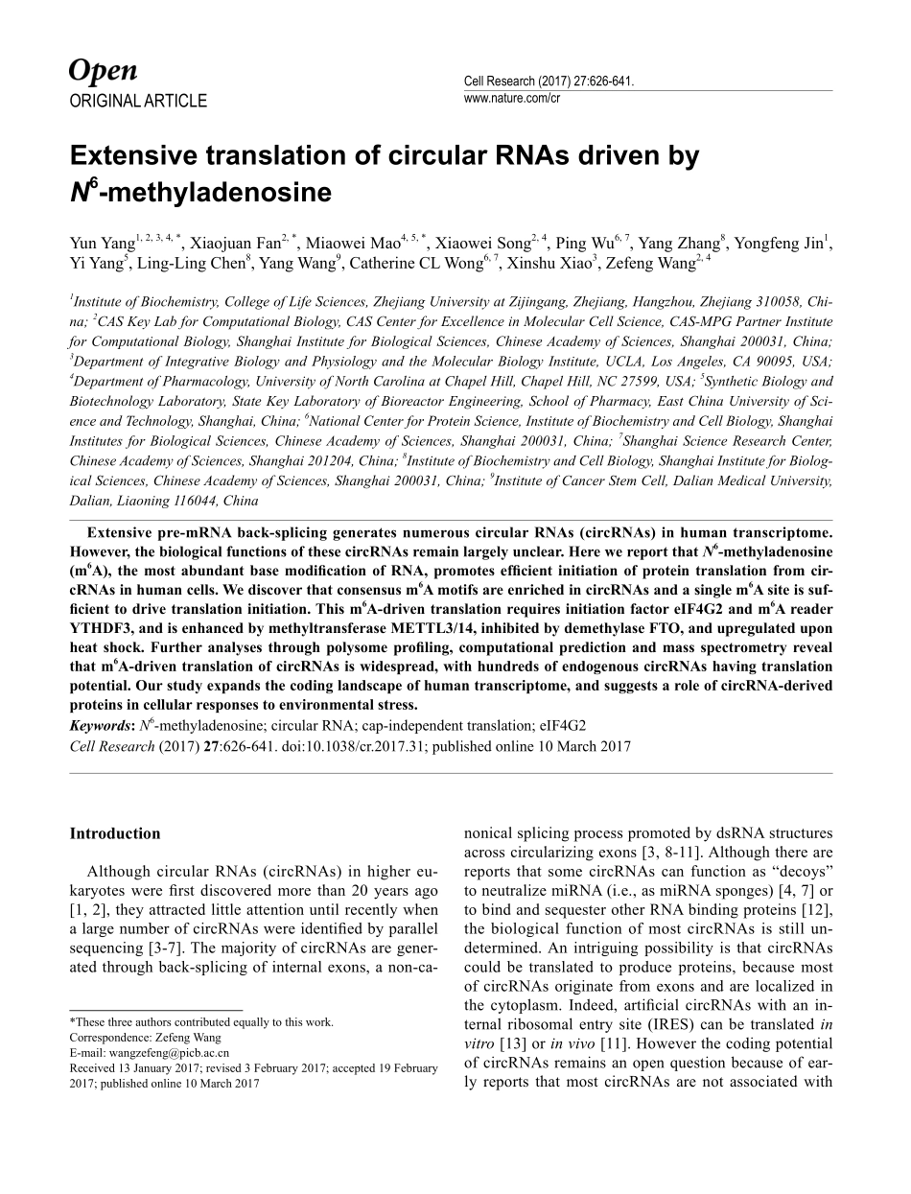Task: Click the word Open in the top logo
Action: point(104,71)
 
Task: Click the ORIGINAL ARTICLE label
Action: point(138,101)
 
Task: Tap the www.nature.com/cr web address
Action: point(511,98)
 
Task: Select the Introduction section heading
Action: point(115,833)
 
